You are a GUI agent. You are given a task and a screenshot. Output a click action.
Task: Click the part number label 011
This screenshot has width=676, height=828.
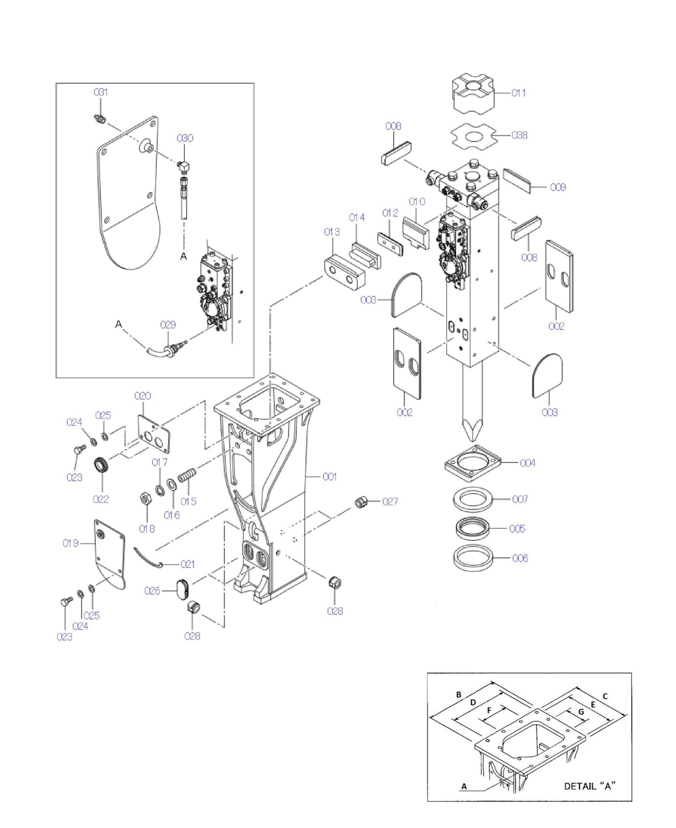click(x=518, y=93)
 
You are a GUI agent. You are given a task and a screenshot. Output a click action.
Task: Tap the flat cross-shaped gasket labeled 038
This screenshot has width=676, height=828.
click(x=473, y=137)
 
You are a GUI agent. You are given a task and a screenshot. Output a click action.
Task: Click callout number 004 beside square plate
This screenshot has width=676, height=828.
click(x=527, y=463)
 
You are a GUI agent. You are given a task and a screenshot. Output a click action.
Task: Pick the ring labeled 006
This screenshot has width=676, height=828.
click(x=473, y=558)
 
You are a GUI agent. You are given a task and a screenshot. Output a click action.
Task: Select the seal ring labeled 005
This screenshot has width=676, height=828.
click(x=473, y=528)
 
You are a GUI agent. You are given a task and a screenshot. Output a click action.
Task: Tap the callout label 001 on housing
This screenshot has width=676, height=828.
click(x=329, y=476)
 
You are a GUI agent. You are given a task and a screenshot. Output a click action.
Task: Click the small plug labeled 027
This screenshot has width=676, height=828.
click(x=359, y=503)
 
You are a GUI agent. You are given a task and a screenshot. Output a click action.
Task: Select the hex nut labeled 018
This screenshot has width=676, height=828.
click(x=145, y=499)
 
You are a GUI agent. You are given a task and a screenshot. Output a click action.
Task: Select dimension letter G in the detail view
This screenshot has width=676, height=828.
click(x=581, y=712)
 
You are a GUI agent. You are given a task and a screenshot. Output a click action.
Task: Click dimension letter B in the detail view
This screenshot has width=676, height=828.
click(x=458, y=694)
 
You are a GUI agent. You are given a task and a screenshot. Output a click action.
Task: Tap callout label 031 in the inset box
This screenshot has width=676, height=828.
click(x=101, y=92)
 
